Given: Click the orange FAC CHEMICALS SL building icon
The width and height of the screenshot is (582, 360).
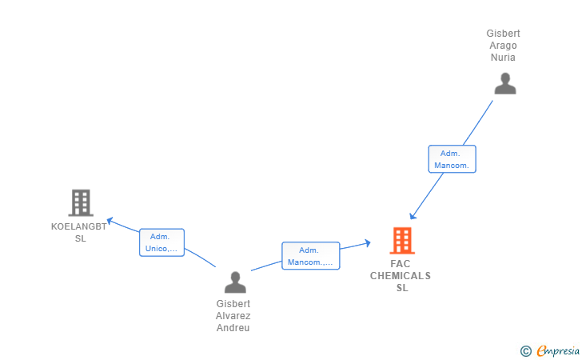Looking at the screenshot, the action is coord(402,241).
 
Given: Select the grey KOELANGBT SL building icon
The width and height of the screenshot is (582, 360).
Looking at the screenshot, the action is coord(81,203).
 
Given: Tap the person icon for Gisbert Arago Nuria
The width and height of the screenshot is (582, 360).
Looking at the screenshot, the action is coord(505,83).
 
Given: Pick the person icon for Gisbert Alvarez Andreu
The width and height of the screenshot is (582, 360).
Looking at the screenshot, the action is coord(235,282).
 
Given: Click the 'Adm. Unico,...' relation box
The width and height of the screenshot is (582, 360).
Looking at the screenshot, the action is coord(161,242).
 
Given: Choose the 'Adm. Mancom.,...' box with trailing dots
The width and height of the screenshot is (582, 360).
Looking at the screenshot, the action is coord(311,256).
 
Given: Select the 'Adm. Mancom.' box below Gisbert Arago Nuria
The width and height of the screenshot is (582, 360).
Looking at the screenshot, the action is coord(452,159).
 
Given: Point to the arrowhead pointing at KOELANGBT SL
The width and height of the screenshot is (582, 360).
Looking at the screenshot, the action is coord(110,221).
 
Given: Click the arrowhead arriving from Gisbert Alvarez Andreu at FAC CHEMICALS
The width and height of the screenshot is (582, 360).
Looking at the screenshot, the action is coord(368,243).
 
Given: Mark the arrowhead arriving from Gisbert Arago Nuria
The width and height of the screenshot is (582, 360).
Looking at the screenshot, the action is coord(413,216).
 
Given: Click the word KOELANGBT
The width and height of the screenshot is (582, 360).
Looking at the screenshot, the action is coord(78,226).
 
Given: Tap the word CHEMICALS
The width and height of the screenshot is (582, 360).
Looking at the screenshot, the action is coord(400,276).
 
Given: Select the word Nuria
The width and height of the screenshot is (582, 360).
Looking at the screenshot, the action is coord(503,58).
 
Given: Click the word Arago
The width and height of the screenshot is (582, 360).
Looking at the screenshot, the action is coord(503,46).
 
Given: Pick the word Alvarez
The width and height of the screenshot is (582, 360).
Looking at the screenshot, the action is coord(233,316).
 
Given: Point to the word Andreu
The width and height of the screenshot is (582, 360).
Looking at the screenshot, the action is coord(233,328).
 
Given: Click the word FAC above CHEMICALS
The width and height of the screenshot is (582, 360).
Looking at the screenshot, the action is coord(400,264).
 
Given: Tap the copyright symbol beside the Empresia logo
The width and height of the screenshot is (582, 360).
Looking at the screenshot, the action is coord(525,351).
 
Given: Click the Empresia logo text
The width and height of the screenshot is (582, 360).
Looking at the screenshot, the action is coord(558,351).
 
